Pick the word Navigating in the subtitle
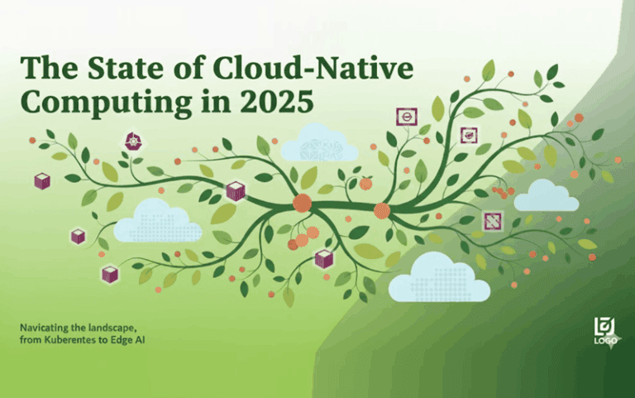click(45, 327)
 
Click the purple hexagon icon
click(133, 141)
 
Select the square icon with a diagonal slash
click(493, 219)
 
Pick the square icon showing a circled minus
click(406, 117)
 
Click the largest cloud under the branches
click(438, 280)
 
